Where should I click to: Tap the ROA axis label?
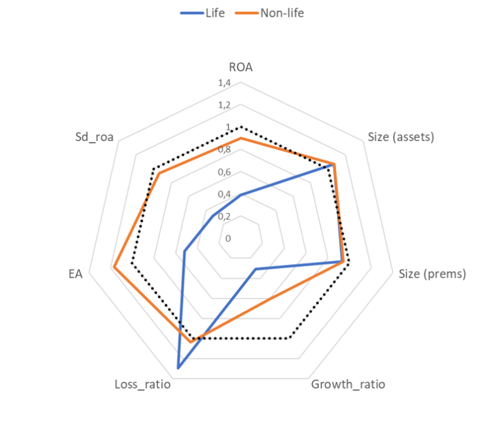(x=241, y=68)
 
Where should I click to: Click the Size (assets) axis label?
(x=401, y=136)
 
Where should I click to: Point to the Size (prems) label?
(x=433, y=274)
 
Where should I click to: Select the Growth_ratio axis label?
(x=348, y=384)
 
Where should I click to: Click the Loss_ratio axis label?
(x=143, y=384)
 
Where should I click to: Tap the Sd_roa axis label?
(x=94, y=136)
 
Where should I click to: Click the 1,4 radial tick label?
(x=224, y=83)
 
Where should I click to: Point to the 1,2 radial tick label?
(x=224, y=105)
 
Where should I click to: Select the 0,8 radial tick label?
(x=224, y=150)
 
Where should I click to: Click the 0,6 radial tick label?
(x=224, y=172)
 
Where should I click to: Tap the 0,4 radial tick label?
(x=224, y=194)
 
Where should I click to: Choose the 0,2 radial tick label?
(x=224, y=217)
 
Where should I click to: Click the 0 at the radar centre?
(x=228, y=239)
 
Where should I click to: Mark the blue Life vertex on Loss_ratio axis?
(x=178, y=367)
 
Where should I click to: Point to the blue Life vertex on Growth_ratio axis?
(x=255, y=270)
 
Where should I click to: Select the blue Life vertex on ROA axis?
(x=241, y=195)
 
